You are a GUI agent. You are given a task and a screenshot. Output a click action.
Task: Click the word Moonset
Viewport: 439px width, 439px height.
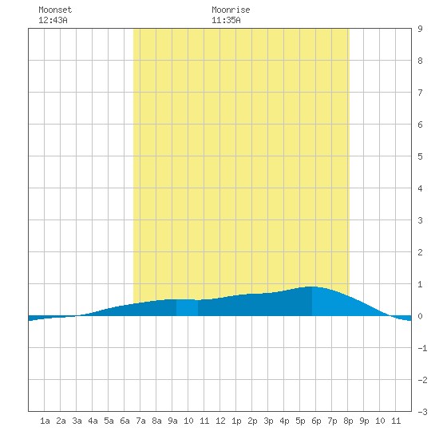pos(55,10)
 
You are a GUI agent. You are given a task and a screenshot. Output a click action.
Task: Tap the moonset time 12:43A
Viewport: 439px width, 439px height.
pos(53,20)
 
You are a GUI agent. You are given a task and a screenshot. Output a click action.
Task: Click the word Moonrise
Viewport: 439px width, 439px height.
pos(231,10)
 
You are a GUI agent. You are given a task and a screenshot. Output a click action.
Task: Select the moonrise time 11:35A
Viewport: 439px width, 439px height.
pos(226,20)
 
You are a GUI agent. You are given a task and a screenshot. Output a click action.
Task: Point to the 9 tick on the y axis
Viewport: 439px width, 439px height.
pos(420,29)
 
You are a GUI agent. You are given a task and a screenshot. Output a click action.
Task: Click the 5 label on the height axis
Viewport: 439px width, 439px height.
pos(420,156)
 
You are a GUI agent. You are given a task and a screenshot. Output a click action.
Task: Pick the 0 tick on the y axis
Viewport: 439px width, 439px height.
pos(420,316)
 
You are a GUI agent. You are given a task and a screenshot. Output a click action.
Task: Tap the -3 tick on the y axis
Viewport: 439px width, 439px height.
pos(423,412)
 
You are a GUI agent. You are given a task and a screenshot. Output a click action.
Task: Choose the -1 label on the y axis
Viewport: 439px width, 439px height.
pos(423,348)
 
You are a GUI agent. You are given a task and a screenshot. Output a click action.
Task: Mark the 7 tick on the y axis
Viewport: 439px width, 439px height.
pos(420,93)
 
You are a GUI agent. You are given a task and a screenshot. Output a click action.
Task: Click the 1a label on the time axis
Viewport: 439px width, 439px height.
pos(45,421)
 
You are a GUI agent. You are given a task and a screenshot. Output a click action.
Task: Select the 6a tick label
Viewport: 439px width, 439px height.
pos(125,421)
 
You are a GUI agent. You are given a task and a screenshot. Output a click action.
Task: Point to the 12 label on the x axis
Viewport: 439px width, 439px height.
pos(220,421)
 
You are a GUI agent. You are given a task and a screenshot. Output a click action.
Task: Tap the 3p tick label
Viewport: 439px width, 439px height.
pos(268,421)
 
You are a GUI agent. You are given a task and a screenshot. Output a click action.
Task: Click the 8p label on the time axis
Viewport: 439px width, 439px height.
pos(348,421)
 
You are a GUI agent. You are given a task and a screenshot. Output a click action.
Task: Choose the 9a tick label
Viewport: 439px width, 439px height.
pos(172,421)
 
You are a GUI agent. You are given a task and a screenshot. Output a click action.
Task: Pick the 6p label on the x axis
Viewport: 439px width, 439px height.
pos(316,421)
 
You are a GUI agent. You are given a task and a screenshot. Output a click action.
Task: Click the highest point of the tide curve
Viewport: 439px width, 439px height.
pos(312,287)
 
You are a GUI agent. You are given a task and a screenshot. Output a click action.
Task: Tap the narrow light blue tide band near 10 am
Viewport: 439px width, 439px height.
pos(187,307)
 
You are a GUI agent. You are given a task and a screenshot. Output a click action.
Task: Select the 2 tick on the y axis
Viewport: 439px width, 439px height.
pos(420,252)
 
